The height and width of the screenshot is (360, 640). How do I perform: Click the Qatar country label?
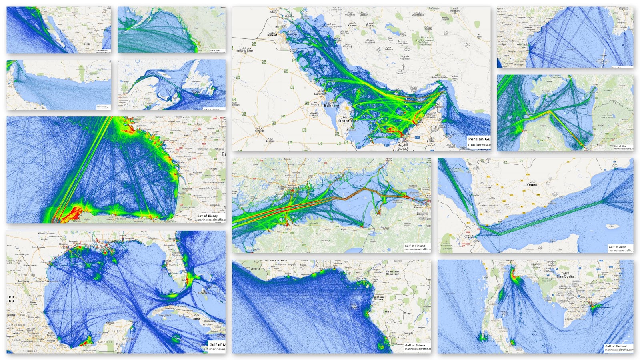pyautogui.click(x=344, y=120)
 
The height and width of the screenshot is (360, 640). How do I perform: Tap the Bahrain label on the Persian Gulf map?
pyautogui.click(x=331, y=106)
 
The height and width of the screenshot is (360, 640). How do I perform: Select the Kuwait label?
pyautogui.click(x=272, y=35)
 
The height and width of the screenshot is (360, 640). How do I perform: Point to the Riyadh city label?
pyautogui.click(x=259, y=131)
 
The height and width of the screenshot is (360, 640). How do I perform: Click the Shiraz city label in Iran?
pyautogui.click(x=370, y=26)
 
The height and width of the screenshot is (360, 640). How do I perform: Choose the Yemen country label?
pyautogui.click(x=532, y=184)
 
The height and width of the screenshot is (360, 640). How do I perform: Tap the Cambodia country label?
pyautogui.click(x=565, y=276)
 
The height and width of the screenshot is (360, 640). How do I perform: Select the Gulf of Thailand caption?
pyautogui.click(x=616, y=346)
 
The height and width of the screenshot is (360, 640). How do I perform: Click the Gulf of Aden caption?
pyautogui.click(x=617, y=247)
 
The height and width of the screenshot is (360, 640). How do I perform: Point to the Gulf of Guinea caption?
pyautogui.click(x=415, y=345)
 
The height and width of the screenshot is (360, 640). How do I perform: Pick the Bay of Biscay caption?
pyautogui.click(x=208, y=216)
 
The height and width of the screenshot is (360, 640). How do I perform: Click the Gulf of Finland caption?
pyautogui.click(x=415, y=246)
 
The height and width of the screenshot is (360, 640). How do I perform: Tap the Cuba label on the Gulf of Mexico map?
pyautogui.click(x=196, y=319)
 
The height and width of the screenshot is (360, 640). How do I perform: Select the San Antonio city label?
pyautogui.click(x=38, y=247)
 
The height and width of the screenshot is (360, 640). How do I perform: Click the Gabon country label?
pyautogui.click(x=387, y=312)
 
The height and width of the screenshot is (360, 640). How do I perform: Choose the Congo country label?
pyautogui.click(x=408, y=313)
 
